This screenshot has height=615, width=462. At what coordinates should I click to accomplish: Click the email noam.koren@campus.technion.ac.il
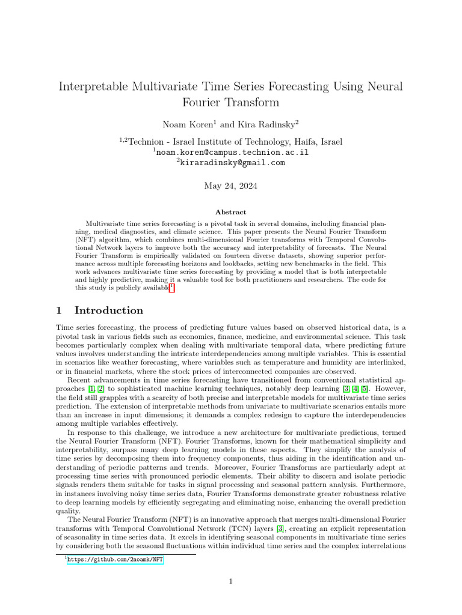[232, 153]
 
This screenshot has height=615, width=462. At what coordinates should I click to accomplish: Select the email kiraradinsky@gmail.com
[232, 163]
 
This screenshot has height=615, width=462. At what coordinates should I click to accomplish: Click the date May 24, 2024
[231, 186]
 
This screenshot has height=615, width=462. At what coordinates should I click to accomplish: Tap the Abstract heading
[231, 212]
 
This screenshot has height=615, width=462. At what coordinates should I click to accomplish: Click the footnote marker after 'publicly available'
[172, 288]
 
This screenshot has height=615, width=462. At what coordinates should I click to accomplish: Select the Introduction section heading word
[109, 311]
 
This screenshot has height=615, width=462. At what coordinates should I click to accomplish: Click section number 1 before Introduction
[59, 311]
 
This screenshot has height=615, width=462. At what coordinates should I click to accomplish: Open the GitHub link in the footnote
[114, 560]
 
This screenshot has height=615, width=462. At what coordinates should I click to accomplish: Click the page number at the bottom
[231, 581]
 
